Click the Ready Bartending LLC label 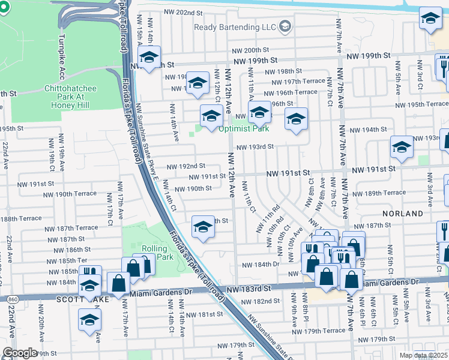[234, 27]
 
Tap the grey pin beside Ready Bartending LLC [285, 26]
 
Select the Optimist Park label [243, 128]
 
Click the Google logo [20, 353]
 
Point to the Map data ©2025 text [424, 355]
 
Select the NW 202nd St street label [172, 13]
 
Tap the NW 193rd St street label [255, 146]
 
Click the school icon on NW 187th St [203, 227]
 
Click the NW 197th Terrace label [298, 81]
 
